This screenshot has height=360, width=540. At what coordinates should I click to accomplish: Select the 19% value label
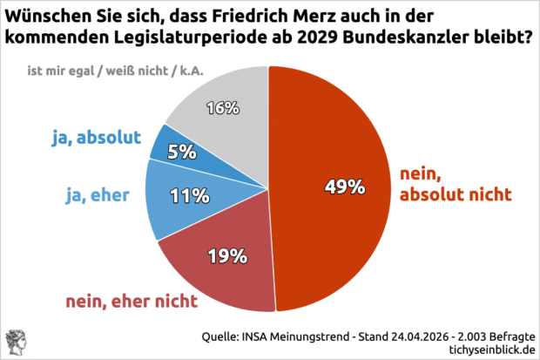229,256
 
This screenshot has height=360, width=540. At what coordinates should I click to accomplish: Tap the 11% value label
187,197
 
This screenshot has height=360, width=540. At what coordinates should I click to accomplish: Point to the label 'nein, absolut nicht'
452,186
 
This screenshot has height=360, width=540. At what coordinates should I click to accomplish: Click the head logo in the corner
16,342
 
